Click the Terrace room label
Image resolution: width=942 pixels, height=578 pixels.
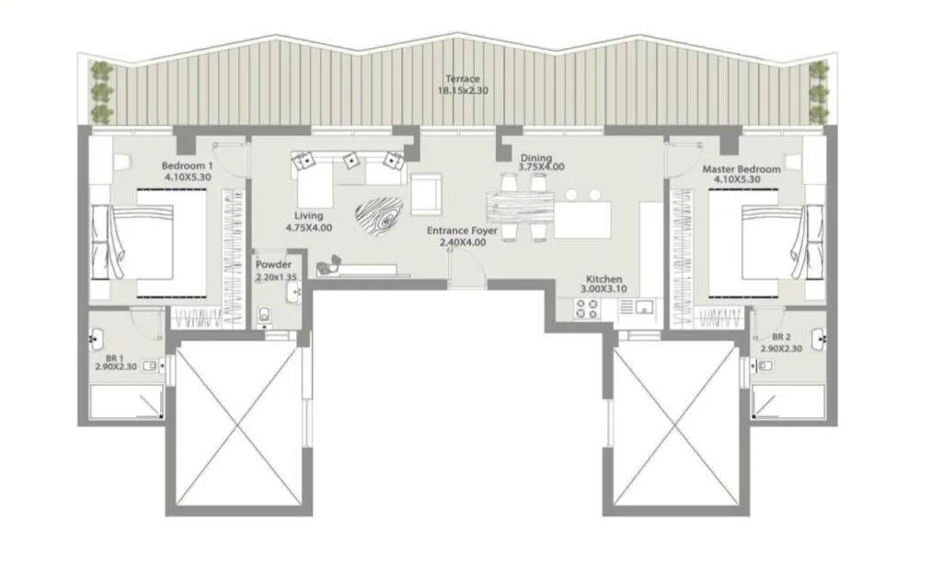[x=463, y=79]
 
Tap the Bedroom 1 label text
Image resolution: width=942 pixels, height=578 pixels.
[x=187, y=166]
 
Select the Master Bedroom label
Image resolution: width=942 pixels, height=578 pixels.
[x=741, y=169]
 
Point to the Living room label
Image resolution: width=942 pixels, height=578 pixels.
[x=309, y=215]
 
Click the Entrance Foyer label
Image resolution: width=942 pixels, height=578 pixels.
[x=462, y=231]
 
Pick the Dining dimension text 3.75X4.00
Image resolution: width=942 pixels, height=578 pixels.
[x=542, y=167]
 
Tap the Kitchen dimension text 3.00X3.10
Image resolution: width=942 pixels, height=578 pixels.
[x=603, y=289]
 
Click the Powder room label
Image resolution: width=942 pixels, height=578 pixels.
[x=273, y=264]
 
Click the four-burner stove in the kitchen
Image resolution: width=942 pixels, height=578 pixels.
[x=587, y=309]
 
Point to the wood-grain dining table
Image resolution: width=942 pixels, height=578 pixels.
[x=521, y=207]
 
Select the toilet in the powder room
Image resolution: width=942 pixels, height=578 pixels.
[x=264, y=316]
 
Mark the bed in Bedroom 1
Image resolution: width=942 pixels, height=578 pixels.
[x=149, y=243]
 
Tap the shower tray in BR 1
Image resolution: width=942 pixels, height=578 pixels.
[x=126, y=402]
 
